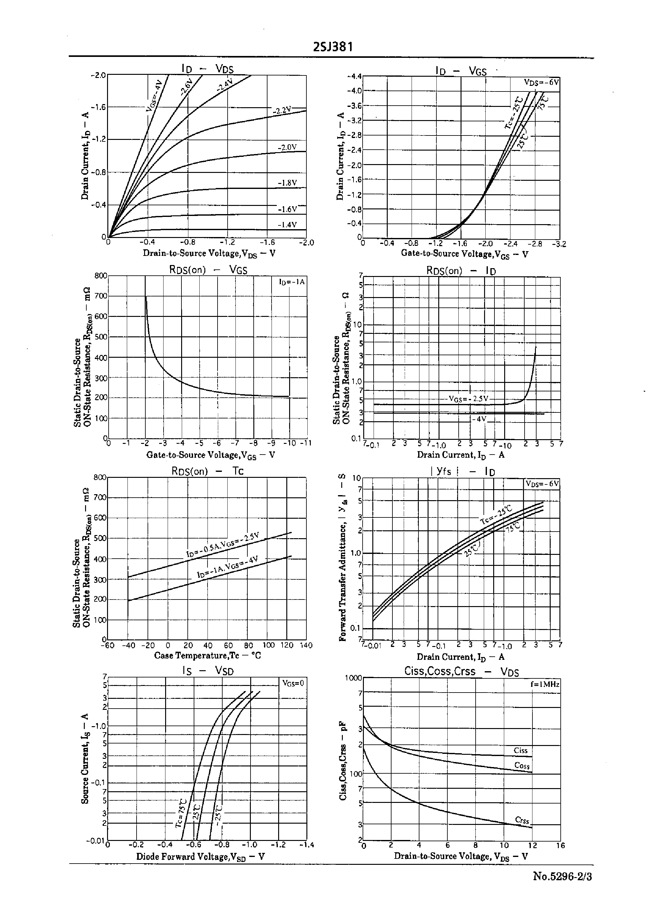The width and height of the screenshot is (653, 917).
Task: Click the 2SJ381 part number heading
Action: (x=333, y=47)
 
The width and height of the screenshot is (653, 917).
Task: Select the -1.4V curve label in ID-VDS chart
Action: (x=287, y=225)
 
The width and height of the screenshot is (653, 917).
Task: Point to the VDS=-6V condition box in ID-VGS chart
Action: (x=541, y=82)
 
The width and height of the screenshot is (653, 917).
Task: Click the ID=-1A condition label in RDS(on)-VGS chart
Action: (x=292, y=282)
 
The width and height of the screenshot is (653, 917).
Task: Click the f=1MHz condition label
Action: (x=544, y=684)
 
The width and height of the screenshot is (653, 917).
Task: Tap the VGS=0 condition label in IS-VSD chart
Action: (x=293, y=683)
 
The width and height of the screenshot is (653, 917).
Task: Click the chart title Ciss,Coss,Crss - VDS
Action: (x=461, y=672)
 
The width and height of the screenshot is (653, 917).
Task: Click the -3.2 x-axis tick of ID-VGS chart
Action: (x=559, y=244)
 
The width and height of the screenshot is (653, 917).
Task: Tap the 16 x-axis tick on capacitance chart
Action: (x=560, y=845)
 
